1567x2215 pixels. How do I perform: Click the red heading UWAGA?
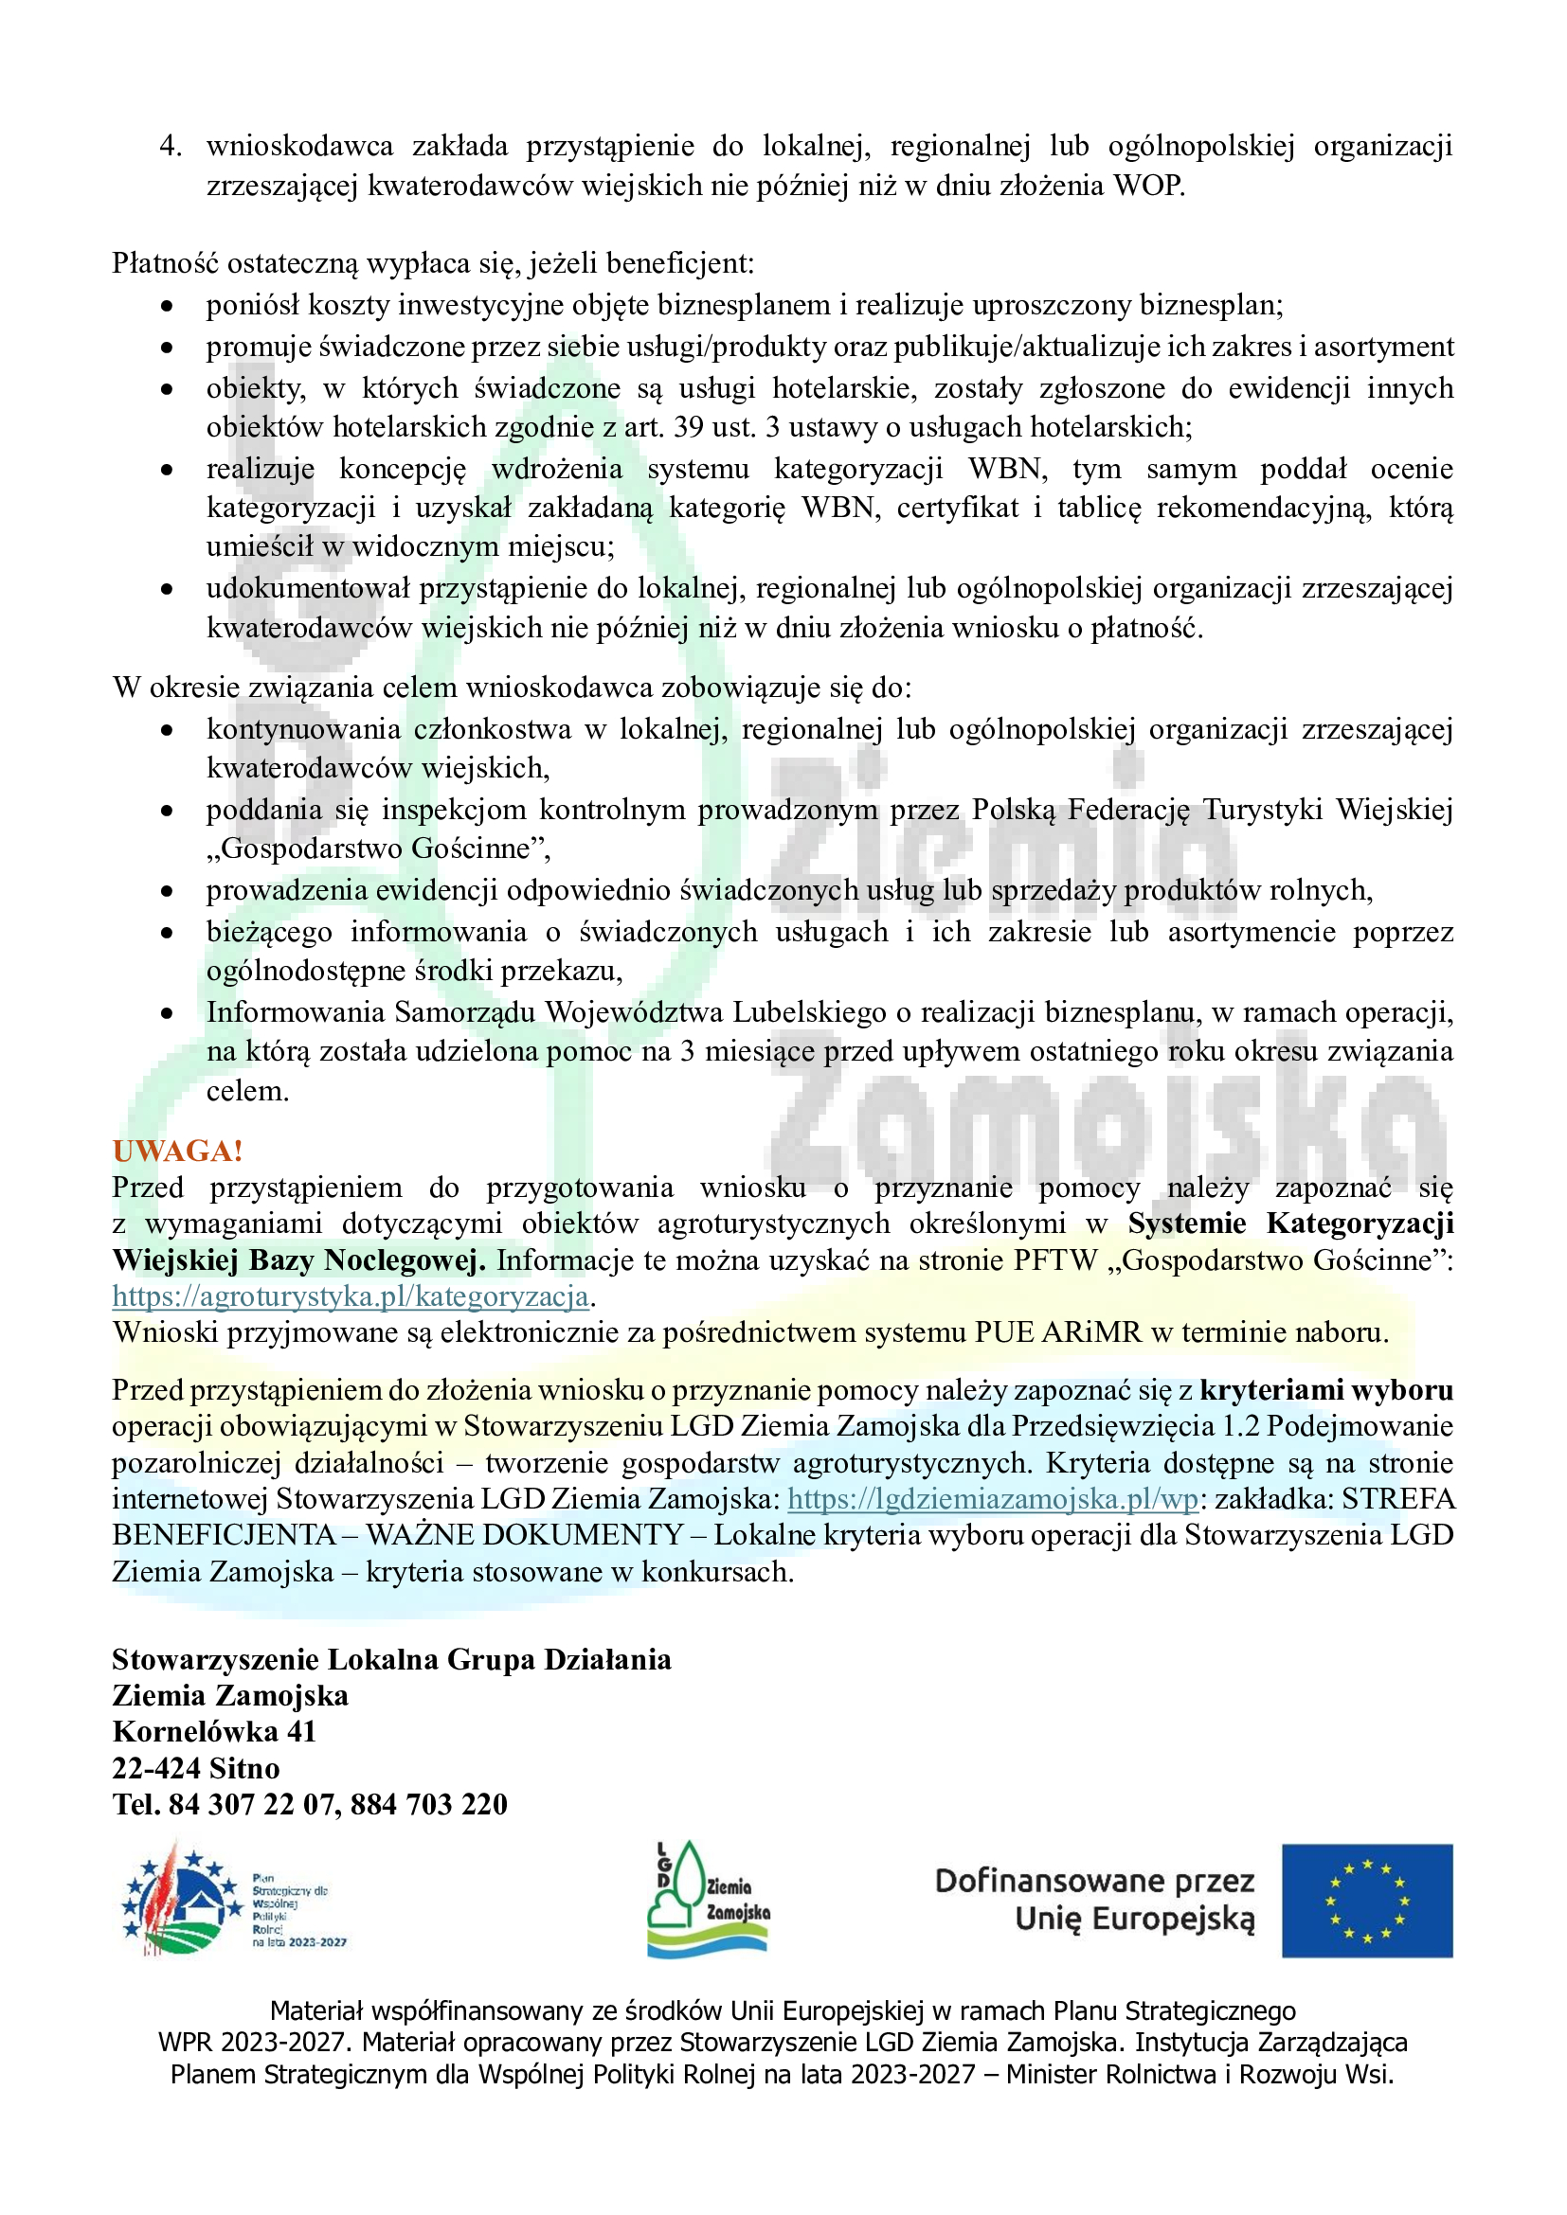tap(177, 1151)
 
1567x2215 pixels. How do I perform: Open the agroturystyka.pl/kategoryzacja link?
tap(351, 1295)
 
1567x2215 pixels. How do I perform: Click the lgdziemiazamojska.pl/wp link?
tap(993, 1499)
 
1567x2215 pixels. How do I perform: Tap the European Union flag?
tap(1366, 1902)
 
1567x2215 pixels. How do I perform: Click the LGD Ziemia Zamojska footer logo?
tap(709, 1901)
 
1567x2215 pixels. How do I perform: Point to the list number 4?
tap(171, 147)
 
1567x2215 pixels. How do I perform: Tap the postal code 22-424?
tap(156, 1768)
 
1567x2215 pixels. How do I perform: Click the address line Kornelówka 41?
tap(214, 1732)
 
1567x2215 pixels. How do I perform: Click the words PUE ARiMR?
tap(1057, 1332)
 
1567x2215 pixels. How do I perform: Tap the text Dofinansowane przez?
tap(1094, 1881)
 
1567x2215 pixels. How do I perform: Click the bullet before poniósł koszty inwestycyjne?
tap(168, 307)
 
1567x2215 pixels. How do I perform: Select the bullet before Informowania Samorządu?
tap(168, 1014)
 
